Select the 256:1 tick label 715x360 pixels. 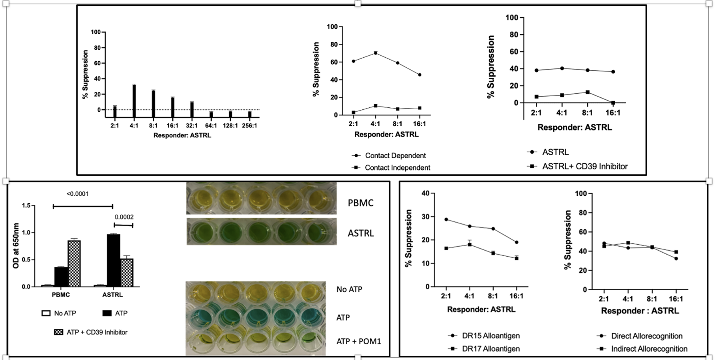click(249, 126)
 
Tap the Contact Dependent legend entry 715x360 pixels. click(395, 156)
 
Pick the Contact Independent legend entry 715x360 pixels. click(397, 168)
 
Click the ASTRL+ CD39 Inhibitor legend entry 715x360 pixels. click(584, 167)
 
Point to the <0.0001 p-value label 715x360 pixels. click(77, 194)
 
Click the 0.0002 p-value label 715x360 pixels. click(124, 217)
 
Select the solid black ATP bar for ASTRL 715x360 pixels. click(114, 260)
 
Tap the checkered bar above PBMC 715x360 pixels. click(74, 263)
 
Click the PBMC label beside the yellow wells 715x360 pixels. click(360, 203)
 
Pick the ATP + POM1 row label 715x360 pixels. click(359, 341)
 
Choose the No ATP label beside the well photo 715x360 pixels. click(349, 289)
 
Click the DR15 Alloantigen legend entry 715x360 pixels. click(490, 336)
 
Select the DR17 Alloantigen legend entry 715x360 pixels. click(490, 349)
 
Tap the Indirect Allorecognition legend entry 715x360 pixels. click(649, 349)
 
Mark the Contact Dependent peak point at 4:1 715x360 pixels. click(376, 53)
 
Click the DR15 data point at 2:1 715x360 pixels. click(446, 219)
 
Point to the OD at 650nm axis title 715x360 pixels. click(16, 246)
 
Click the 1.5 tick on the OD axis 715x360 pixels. click(26, 205)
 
